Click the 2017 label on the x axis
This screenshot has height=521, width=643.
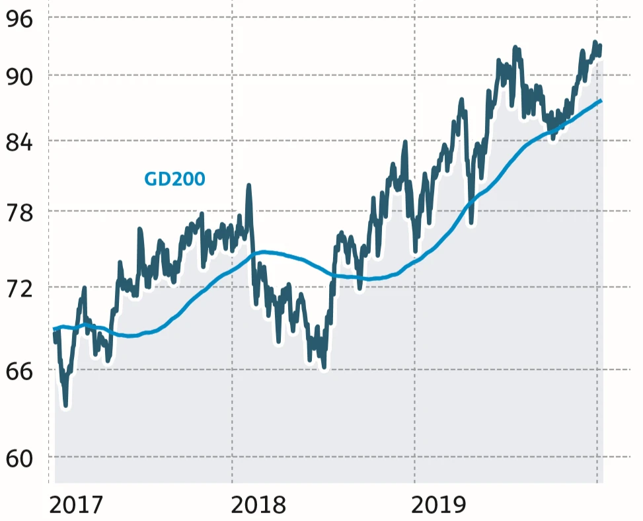click(x=76, y=505)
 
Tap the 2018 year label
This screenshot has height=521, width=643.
click(x=260, y=505)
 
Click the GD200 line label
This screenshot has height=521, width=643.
click(x=174, y=179)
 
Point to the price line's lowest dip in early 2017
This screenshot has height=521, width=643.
click(x=65, y=405)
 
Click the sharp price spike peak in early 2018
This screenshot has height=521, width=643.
click(x=249, y=186)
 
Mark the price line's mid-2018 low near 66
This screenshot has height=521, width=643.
click(x=324, y=368)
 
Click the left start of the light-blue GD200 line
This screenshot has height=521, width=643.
click(x=55, y=329)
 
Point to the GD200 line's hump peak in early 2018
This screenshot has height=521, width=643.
click(x=264, y=252)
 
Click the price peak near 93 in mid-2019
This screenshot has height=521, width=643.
click(x=515, y=48)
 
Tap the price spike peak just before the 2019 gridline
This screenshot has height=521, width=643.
click(x=405, y=143)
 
